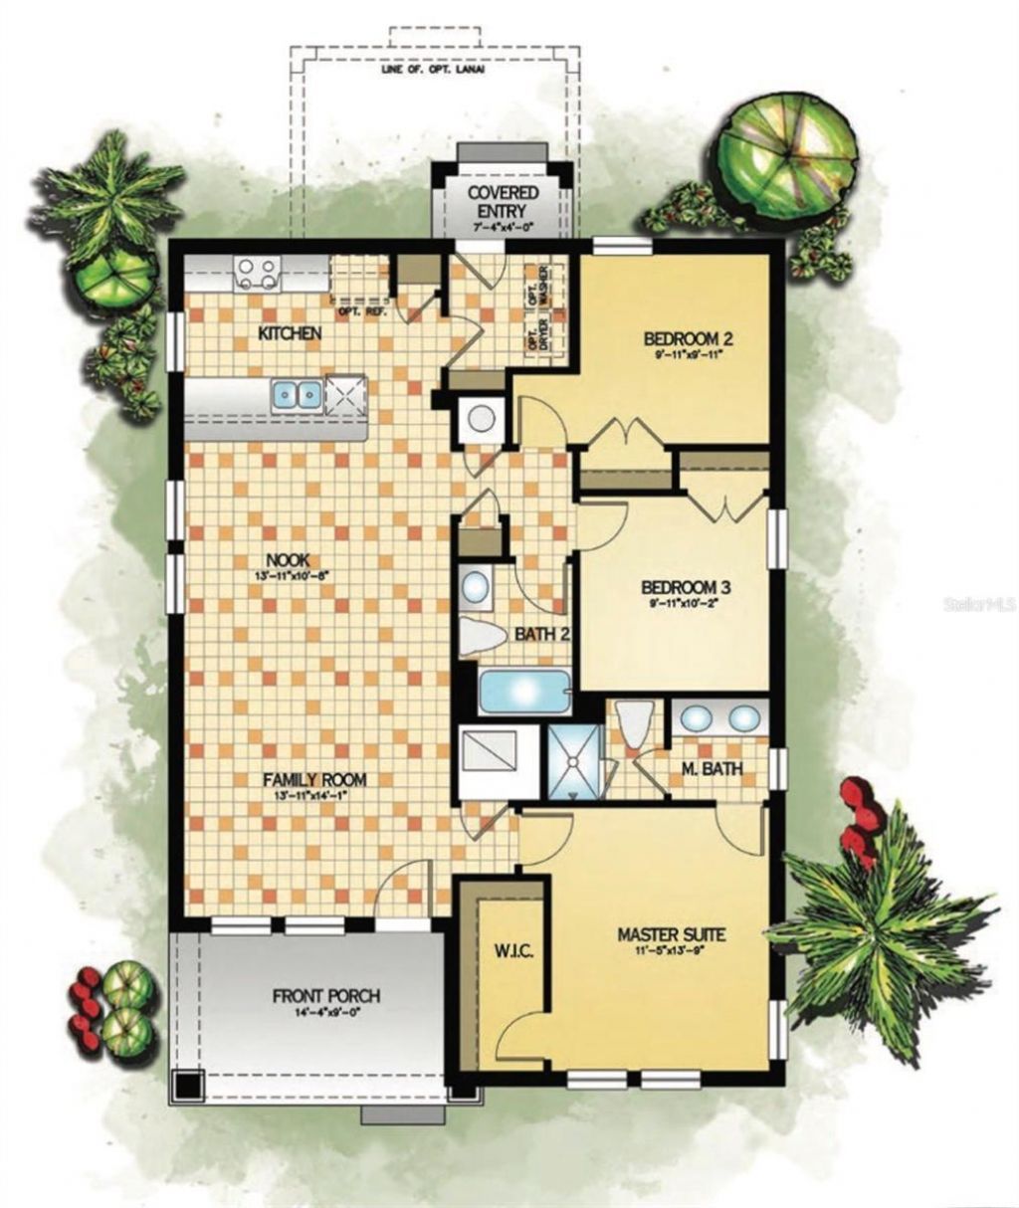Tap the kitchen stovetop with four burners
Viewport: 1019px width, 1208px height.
[257, 273]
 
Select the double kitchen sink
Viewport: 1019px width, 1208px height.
[297, 395]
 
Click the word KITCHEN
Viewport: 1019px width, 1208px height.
[290, 333]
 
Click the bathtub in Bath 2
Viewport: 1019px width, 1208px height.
[524, 693]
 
